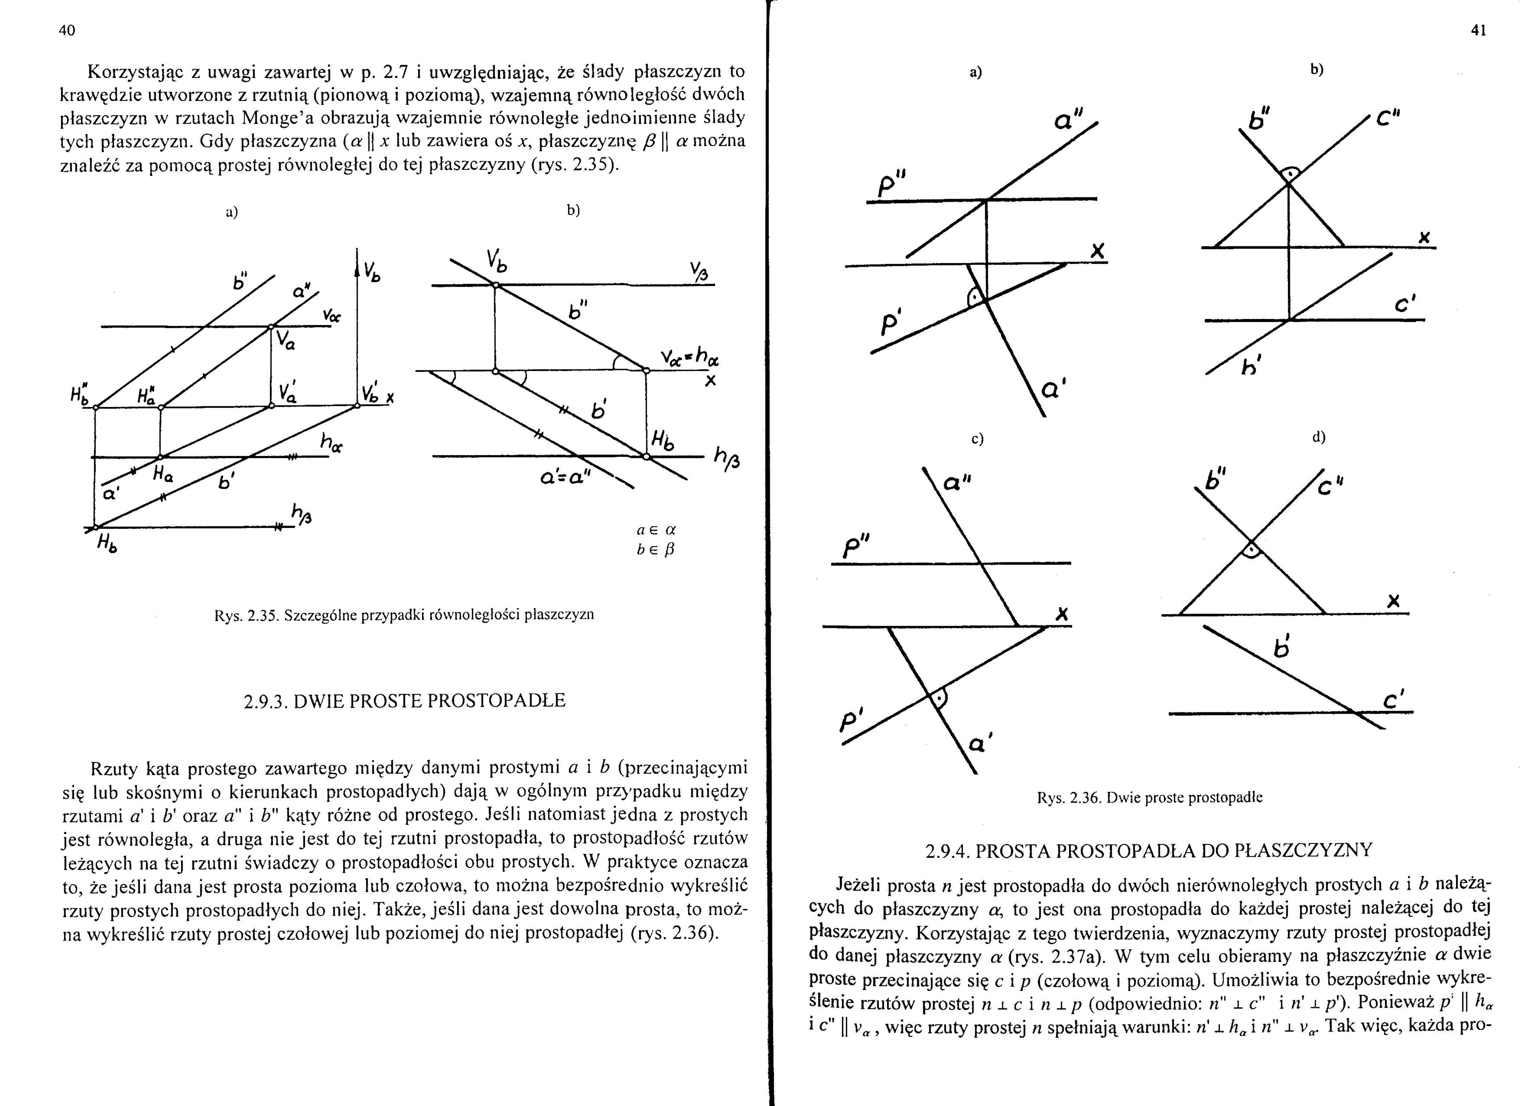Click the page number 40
[x=67, y=30]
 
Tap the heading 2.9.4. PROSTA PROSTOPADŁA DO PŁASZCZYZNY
[x=1149, y=851]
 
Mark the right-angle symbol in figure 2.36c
[x=940, y=698]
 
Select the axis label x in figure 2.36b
[x=1424, y=237]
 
